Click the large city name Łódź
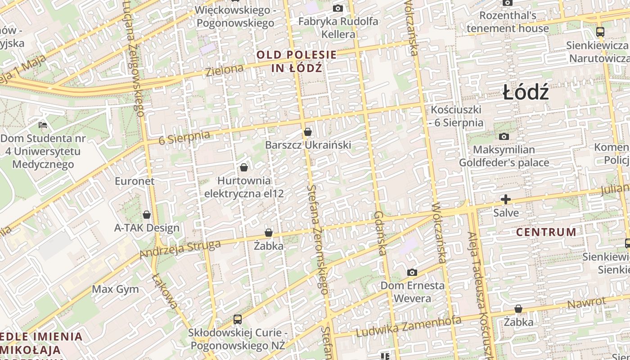[x=526, y=93]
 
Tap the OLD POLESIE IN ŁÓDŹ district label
[x=297, y=62]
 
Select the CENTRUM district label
[x=546, y=232]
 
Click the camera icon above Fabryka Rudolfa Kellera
[x=338, y=8]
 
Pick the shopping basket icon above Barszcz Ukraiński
[x=308, y=132]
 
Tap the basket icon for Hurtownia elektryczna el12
[x=244, y=167]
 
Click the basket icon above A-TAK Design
[x=147, y=215]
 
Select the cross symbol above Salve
[x=506, y=199]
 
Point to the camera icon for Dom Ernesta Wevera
[x=412, y=272]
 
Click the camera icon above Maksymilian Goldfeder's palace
[x=504, y=136]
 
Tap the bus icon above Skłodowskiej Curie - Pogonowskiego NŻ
[x=238, y=319]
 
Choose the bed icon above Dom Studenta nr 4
[x=43, y=125]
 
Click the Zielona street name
[x=225, y=70]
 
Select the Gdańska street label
[x=380, y=233]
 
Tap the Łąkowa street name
[x=165, y=291]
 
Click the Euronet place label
[x=135, y=181]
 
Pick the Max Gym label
[x=116, y=289]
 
